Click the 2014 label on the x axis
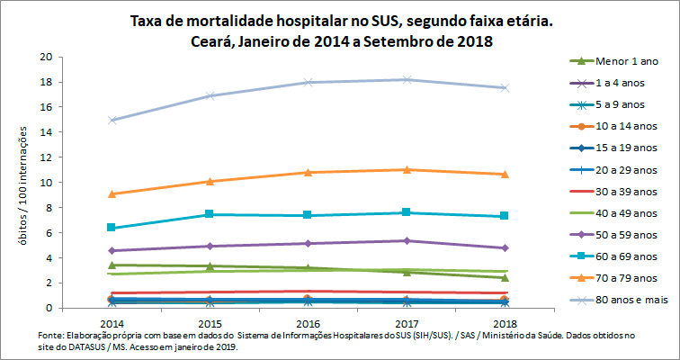(112, 322)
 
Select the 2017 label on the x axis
(407, 322)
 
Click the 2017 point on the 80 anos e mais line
(407, 79)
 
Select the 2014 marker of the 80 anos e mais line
(112, 120)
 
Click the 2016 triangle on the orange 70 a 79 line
(308, 172)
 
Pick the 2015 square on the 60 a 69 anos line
(210, 214)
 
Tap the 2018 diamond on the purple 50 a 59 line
(505, 247)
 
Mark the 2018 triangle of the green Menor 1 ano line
(505, 277)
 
